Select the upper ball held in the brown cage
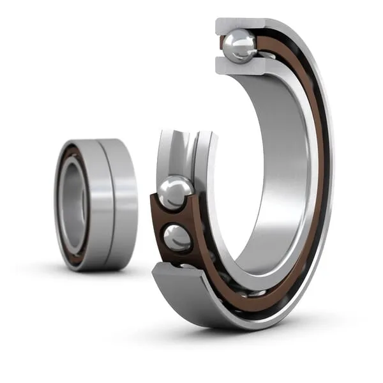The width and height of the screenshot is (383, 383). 175,191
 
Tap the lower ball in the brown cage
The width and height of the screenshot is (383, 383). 177,237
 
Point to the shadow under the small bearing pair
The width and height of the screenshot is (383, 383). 102,274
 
